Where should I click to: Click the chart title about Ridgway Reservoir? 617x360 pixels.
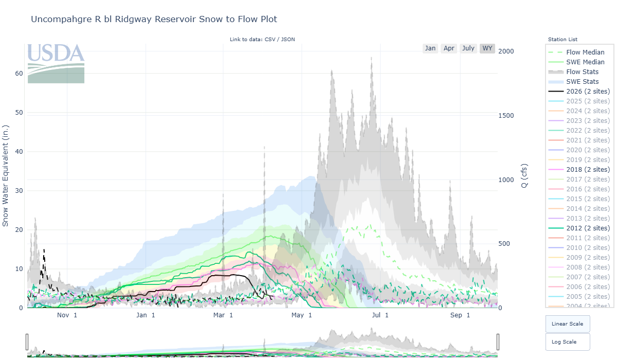(x=154, y=20)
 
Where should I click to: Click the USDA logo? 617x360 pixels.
(x=56, y=63)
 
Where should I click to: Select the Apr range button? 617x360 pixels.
(x=449, y=48)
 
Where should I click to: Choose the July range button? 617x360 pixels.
(x=468, y=48)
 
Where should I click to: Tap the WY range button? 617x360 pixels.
(x=487, y=48)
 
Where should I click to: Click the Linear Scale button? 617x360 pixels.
(x=567, y=324)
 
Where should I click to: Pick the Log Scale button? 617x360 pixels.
(x=567, y=342)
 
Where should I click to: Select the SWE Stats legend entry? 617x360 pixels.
(x=582, y=82)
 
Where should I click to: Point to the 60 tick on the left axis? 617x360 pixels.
(x=19, y=74)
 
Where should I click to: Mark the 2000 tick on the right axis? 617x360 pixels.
(x=506, y=51)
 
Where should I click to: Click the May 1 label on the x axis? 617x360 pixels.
(x=301, y=315)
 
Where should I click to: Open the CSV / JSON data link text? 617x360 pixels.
(x=279, y=40)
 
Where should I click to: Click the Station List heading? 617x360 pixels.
(x=562, y=40)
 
